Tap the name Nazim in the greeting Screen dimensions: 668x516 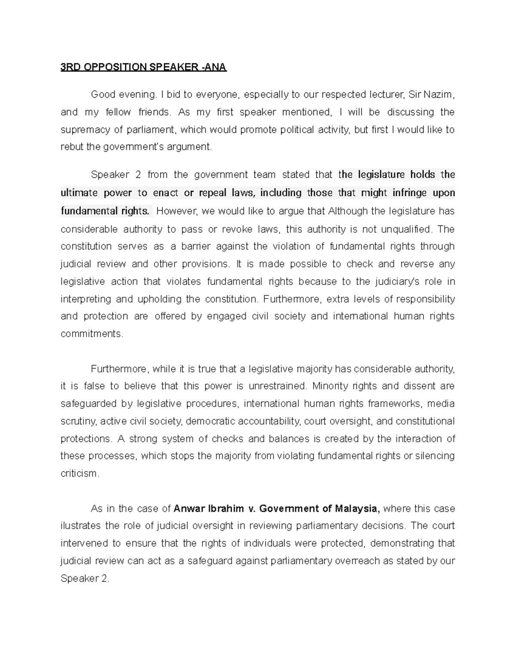pos(438,95)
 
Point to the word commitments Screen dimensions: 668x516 pos(91,334)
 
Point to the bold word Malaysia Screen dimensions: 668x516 pos(356,508)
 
